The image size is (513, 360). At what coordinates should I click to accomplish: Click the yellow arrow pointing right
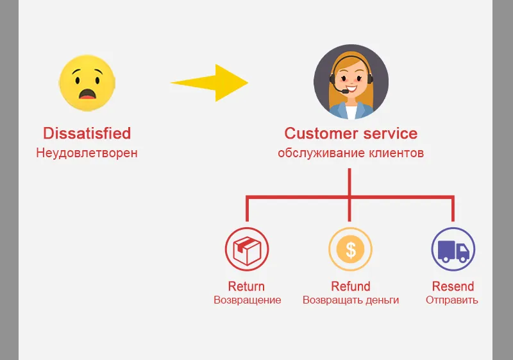pos(212,82)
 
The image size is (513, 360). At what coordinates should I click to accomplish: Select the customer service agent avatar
pos(351,81)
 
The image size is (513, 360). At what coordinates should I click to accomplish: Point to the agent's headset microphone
pos(346,92)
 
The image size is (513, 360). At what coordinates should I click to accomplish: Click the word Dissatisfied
pos(87,133)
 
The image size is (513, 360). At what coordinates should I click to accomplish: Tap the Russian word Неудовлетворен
pos(87,153)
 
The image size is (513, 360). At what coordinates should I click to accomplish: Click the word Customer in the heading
pos(319,133)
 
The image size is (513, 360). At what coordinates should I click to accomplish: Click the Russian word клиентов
pos(396,153)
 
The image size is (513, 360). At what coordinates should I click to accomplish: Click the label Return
pos(246,286)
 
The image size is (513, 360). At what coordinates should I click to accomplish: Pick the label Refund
pos(350,286)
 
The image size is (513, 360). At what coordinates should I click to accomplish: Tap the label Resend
pos(453,286)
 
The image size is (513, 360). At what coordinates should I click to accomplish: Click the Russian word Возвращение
pos(247,300)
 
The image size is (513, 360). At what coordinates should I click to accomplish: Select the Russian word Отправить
pos(452,300)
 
